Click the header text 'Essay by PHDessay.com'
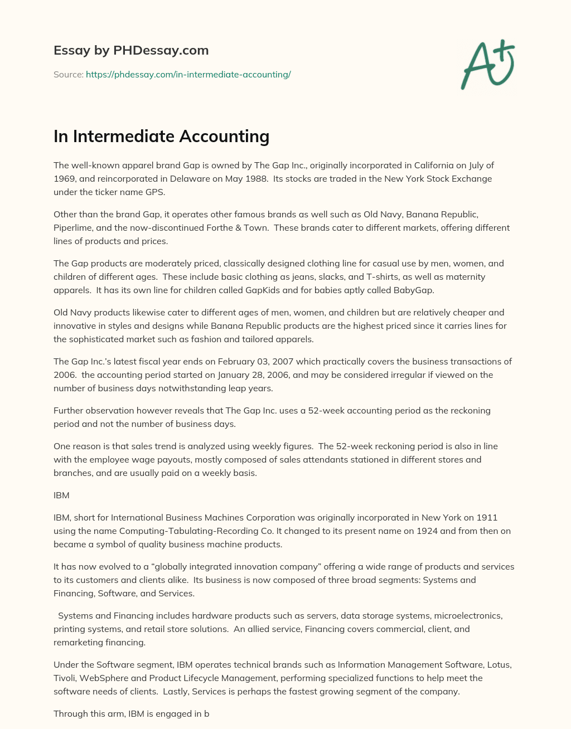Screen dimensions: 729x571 point(131,50)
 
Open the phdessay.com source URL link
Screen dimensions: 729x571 point(188,74)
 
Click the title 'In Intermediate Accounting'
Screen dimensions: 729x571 point(161,136)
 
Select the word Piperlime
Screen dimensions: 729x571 point(74,227)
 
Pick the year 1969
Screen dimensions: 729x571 point(64,178)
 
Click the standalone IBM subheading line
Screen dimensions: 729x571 point(61,495)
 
